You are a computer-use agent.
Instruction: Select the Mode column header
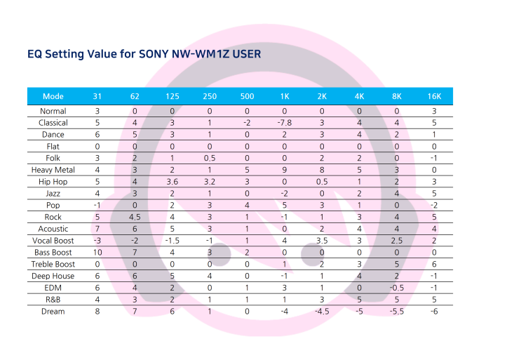pyautogui.click(x=53, y=96)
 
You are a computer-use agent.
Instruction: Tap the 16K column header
pyautogui.click(x=434, y=96)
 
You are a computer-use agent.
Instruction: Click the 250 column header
pyautogui.click(x=210, y=96)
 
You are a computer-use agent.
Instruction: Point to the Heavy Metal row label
pyautogui.click(x=53, y=170)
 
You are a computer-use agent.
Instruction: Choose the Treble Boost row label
pyautogui.click(x=53, y=265)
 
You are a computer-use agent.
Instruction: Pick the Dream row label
pyautogui.click(x=53, y=312)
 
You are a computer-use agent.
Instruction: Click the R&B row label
pyautogui.click(x=53, y=300)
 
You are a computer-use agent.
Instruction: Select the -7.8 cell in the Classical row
pyautogui.click(x=285, y=123)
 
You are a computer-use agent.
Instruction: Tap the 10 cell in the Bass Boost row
pyautogui.click(x=97, y=253)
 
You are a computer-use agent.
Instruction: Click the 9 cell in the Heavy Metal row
pyautogui.click(x=285, y=170)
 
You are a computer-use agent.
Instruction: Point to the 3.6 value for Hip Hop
pyautogui.click(x=172, y=182)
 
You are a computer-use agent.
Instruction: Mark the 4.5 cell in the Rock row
pyautogui.click(x=135, y=217)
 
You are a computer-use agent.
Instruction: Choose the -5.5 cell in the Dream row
pyautogui.click(x=397, y=312)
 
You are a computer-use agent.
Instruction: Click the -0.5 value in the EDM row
pyautogui.click(x=397, y=288)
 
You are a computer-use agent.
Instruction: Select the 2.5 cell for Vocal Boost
pyautogui.click(x=397, y=241)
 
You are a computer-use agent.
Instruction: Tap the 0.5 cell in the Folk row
pyautogui.click(x=210, y=158)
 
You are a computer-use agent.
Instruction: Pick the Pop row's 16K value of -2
pyautogui.click(x=434, y=205)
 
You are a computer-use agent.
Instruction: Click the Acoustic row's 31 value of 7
pyautogui.click(x=97, y=229)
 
